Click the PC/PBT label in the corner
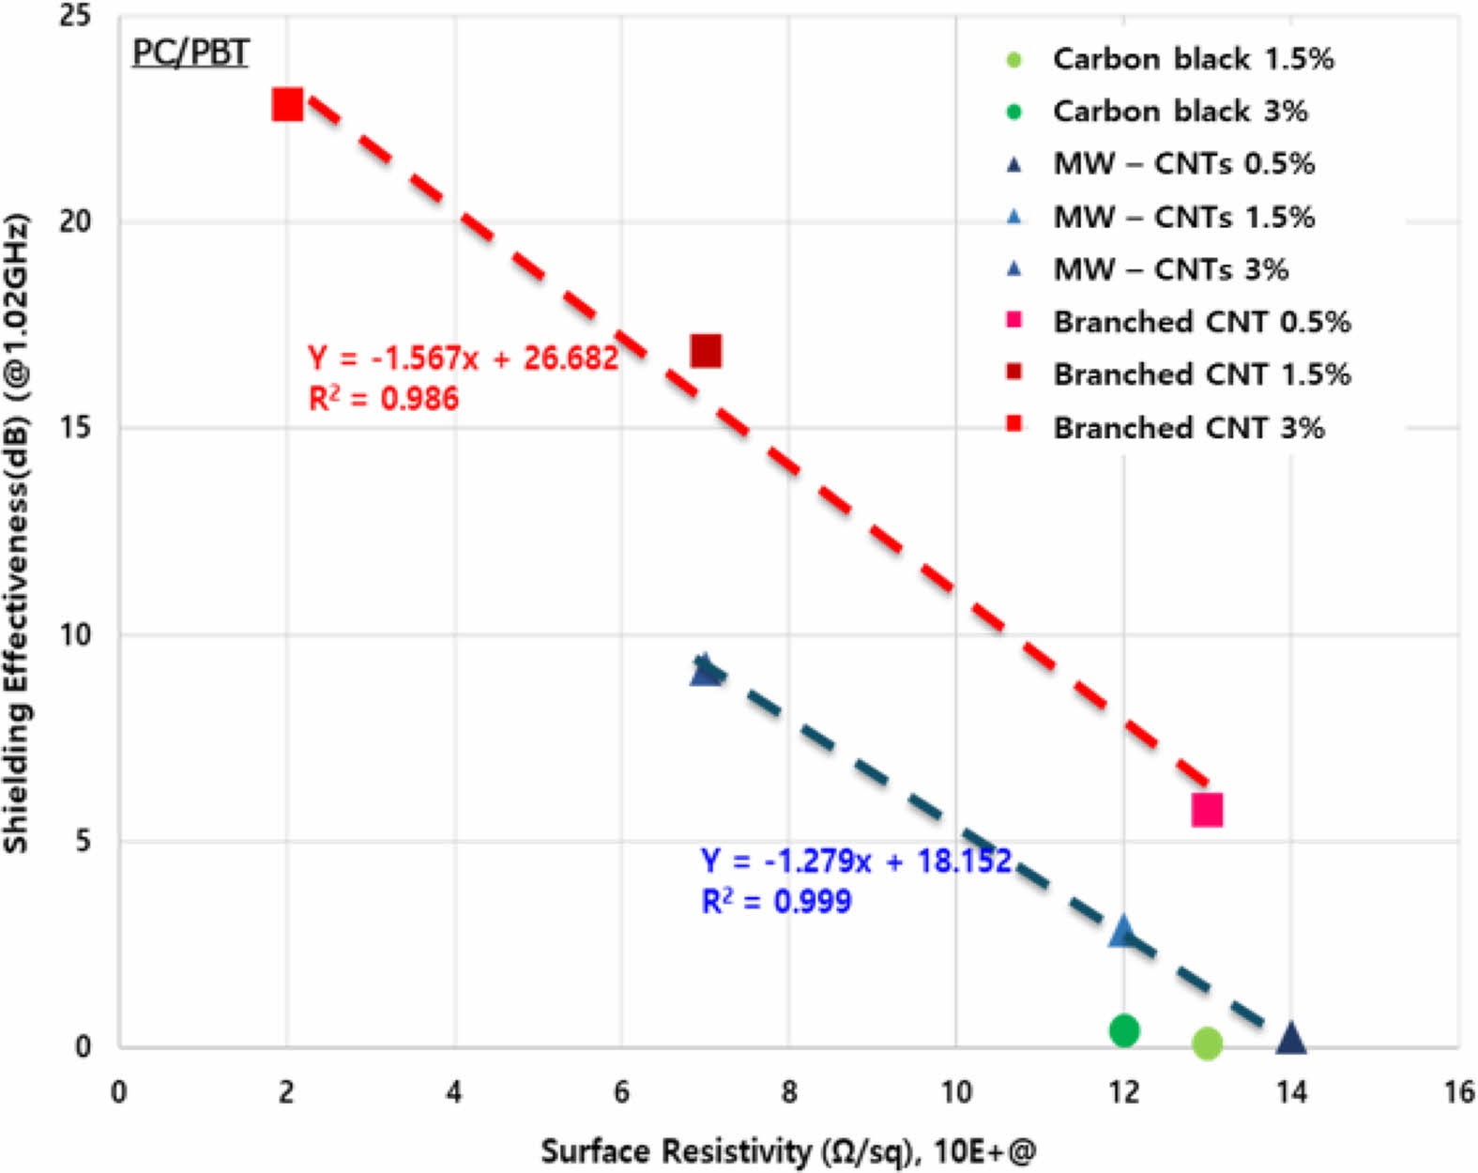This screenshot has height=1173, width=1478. (190, 52)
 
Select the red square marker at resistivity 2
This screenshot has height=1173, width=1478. (287, 105)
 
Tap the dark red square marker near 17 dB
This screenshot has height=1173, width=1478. (706, 351)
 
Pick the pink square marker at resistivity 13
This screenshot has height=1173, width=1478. (1207, 809)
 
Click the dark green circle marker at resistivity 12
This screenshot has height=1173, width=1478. (1123, 1030)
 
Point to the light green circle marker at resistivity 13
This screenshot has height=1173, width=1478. (1207, 1043)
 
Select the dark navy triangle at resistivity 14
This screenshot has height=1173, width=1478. (1291, 1039)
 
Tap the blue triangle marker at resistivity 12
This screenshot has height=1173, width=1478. (1122, 932)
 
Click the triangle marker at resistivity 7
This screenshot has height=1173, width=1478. (705, 670)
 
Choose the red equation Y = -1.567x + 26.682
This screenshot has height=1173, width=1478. (463, 358)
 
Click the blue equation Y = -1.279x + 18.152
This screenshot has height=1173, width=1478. (856, 861)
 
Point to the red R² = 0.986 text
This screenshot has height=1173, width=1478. (383, 399)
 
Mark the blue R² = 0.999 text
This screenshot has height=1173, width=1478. (776, 902)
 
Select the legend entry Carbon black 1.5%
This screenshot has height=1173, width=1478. (1192, 59)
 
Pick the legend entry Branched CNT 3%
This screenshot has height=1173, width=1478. (1188, 428)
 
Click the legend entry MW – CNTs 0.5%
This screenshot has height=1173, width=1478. (1182, 164)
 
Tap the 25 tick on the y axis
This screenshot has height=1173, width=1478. (75, 16)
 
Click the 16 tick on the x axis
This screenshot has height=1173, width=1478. (1458, 1092)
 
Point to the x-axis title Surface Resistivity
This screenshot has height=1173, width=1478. (788, 1151)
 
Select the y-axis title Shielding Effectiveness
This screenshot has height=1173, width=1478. (17, 535)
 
